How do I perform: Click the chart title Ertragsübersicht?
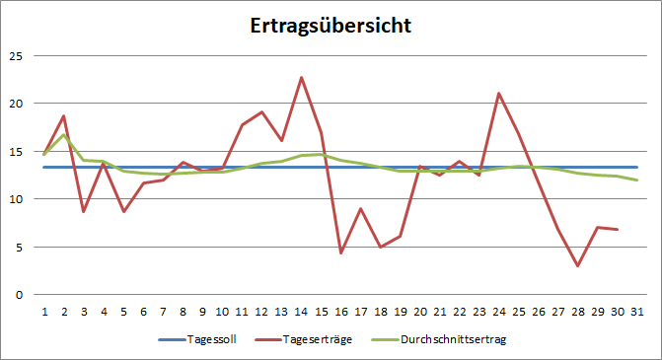(x=330, y=25)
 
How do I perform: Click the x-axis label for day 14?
(x=301, y=311)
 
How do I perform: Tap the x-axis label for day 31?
(x=637, y=311)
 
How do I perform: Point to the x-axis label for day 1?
(x=44, y=311)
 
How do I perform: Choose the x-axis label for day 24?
(x=499, y=311)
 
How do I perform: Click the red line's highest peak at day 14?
(x=301, y=77)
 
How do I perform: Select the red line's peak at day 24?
(x=499, y=93)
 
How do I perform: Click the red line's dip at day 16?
(x=340, y=253)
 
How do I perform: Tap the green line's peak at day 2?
(x=64, y=134)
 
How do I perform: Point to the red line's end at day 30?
(x=618, y=229)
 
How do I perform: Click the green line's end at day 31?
(x=637, y=180)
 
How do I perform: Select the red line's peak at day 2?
(x=64, y=116)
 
